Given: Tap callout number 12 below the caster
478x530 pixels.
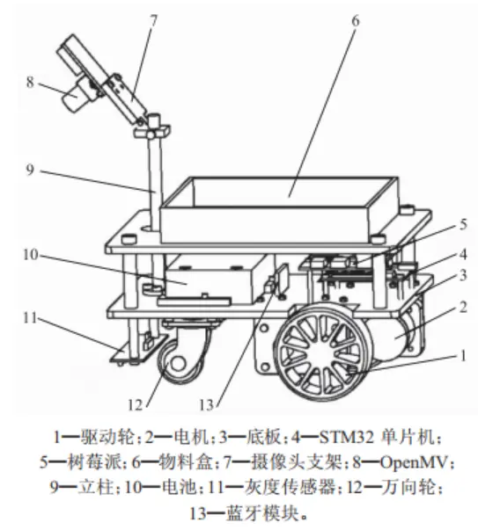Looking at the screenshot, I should click(x=136, y=404).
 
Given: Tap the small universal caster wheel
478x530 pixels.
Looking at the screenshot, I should click(x=178, y=357).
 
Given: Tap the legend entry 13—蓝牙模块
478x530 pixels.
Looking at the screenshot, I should click(x=238, y=509).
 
